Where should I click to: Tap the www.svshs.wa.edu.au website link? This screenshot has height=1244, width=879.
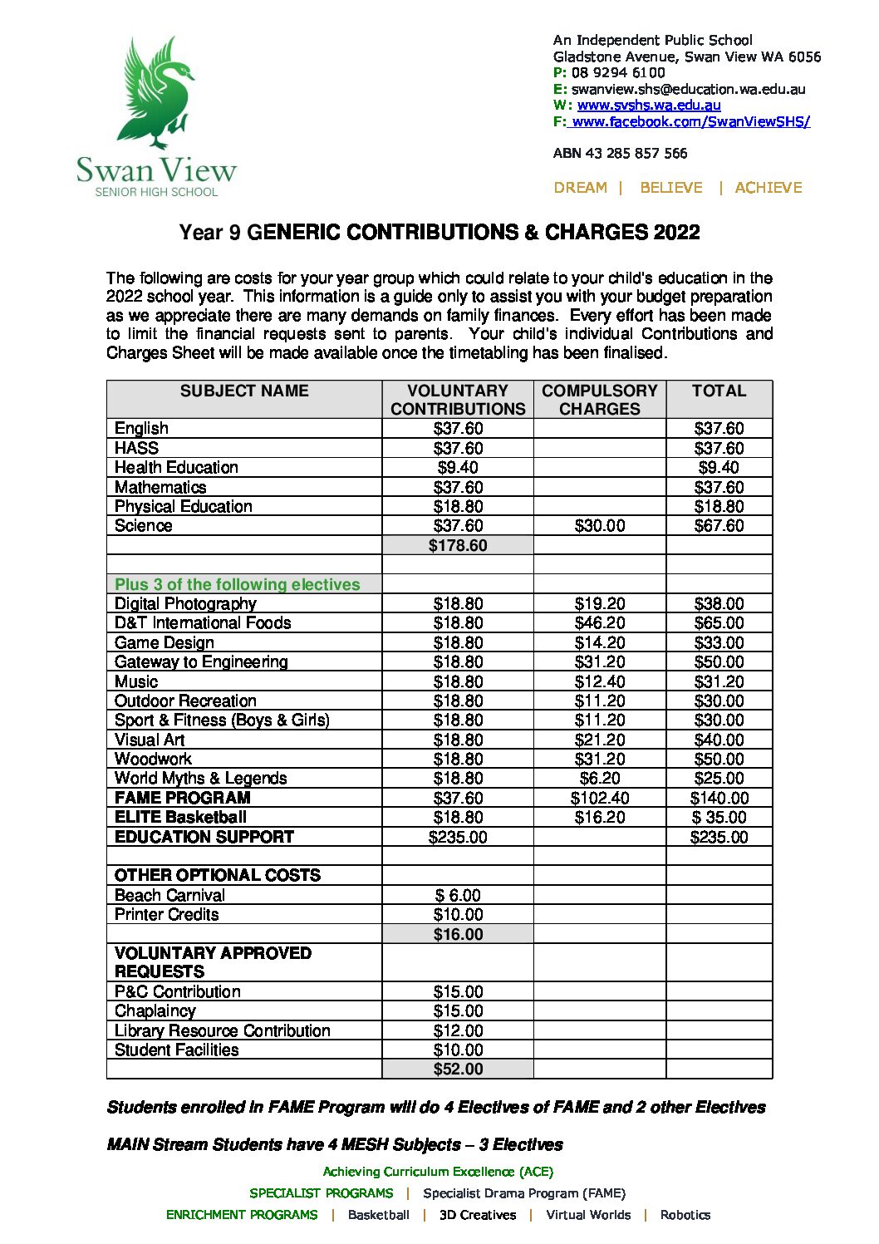click(649, 106)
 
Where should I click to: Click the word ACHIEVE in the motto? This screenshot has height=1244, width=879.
click(769, 188)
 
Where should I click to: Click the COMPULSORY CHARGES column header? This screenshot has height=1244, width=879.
click(599, 400)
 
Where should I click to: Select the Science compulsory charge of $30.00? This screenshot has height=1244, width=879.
click(599, 526)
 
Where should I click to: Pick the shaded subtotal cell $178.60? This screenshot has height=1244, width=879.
click(458, 546)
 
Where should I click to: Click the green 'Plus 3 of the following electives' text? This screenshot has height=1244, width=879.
click(238, 584)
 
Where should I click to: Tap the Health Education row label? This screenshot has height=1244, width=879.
click(176, 468)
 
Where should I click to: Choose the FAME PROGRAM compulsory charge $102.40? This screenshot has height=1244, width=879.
click(599, 798)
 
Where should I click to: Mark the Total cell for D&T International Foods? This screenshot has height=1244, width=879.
click(719, 623)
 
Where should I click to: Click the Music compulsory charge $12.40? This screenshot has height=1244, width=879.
click(599, 681)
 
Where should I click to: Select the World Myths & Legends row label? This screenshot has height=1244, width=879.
click(200, 779)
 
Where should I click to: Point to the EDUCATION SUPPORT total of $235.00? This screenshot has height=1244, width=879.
click(719, 837)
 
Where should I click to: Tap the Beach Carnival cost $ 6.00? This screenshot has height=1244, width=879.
click(458, 896)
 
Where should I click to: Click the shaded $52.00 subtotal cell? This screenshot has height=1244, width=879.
click(458, 1069)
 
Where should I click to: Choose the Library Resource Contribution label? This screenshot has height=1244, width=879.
click(222, 1031)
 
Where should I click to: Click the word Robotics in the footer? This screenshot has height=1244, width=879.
click(685, 1215)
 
